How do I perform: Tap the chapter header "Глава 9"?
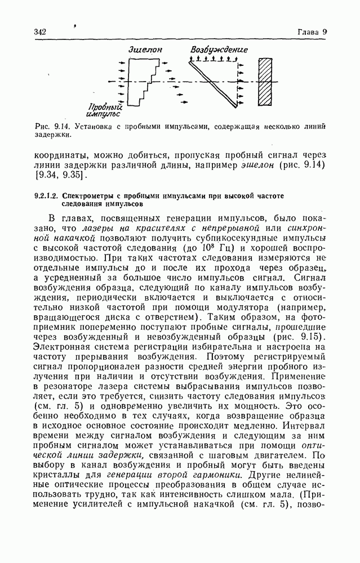click(x=312, y=32)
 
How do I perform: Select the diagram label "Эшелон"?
click(x=145, y=50)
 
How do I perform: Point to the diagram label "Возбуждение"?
click(x=219, y=50)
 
